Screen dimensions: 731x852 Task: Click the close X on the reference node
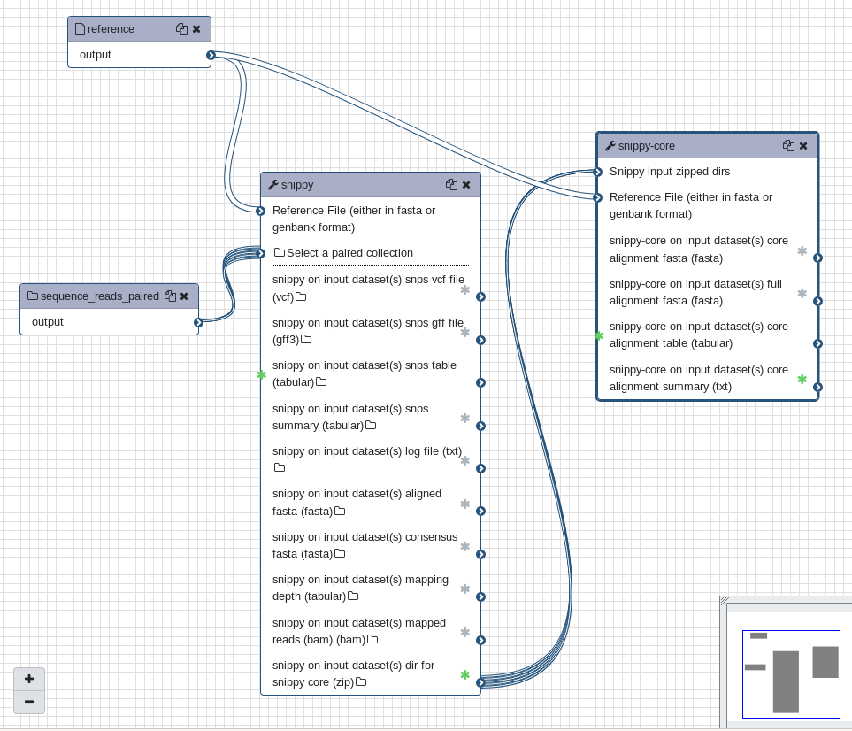pos(196,29)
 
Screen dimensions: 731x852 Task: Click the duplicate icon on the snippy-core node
pos(788,146)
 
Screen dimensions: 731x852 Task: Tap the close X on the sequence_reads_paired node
pos(184,296)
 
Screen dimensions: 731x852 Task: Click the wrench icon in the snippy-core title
pos(610,146)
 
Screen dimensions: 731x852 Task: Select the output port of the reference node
pos(211,55)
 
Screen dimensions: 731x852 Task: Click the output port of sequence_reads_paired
pos(198,322)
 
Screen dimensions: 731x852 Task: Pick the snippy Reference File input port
pos(261,211)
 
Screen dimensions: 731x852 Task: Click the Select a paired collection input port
pos(261,253)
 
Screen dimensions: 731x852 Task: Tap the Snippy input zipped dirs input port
pos(598,172)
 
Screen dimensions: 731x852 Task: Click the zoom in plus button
pos(29,679)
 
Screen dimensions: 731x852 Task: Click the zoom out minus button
pos(29,702)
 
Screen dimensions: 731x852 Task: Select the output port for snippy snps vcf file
pos(480,296)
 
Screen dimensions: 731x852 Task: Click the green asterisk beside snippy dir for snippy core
pos(465,675)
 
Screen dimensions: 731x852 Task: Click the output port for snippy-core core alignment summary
pos(818,387)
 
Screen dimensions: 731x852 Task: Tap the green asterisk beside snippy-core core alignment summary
pos(802,379)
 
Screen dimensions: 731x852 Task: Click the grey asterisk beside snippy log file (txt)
pos(465,460)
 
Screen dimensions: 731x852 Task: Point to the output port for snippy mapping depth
pos(480,597)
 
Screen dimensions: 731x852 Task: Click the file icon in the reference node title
pos(80,29)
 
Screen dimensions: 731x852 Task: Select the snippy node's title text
pos(297,185)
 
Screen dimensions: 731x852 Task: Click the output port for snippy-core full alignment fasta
pos(818,301)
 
